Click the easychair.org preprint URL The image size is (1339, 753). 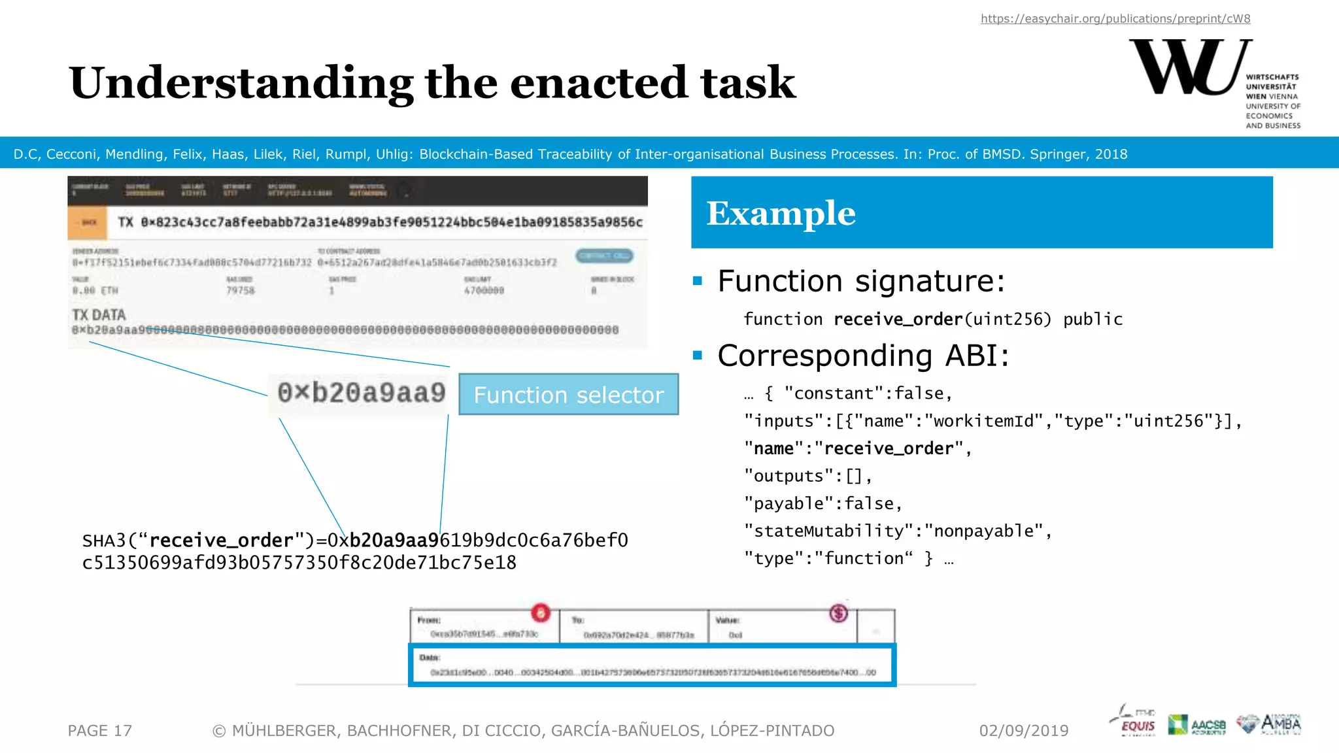pyautogui.click(x=1115, y=19)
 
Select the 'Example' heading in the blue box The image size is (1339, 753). pyautogui.click(x=781, y=213)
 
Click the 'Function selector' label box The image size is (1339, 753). pyautogui.click(x=568, y=395)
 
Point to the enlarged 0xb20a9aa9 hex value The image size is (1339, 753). pyautogui.click(x=361, y=393)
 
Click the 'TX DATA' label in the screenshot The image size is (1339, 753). pyautogui.click(x=99, y=315)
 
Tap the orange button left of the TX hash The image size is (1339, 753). pyautogui.click(x=88, y=223)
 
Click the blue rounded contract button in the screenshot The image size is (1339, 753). pyautogui.click(x=604, y=256)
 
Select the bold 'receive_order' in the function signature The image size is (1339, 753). pyautogui.click(x=898, y=320)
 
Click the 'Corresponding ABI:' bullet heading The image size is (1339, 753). pyautogui.click(x=862, y=356)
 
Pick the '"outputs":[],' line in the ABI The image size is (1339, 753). pyautogui.click(x=807, y=477)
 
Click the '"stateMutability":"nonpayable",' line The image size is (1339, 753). pyautogui.click(x=897, y=531)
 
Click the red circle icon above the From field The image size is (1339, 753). pyautogui.click(x=541, y=612)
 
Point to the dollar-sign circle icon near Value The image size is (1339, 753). pyautogui.click(x=838, y=613)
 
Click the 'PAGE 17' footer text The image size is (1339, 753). pyautogui.click(x=99, y=731)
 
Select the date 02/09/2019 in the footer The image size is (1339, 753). pyautogui.click(x=1023, y=731)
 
